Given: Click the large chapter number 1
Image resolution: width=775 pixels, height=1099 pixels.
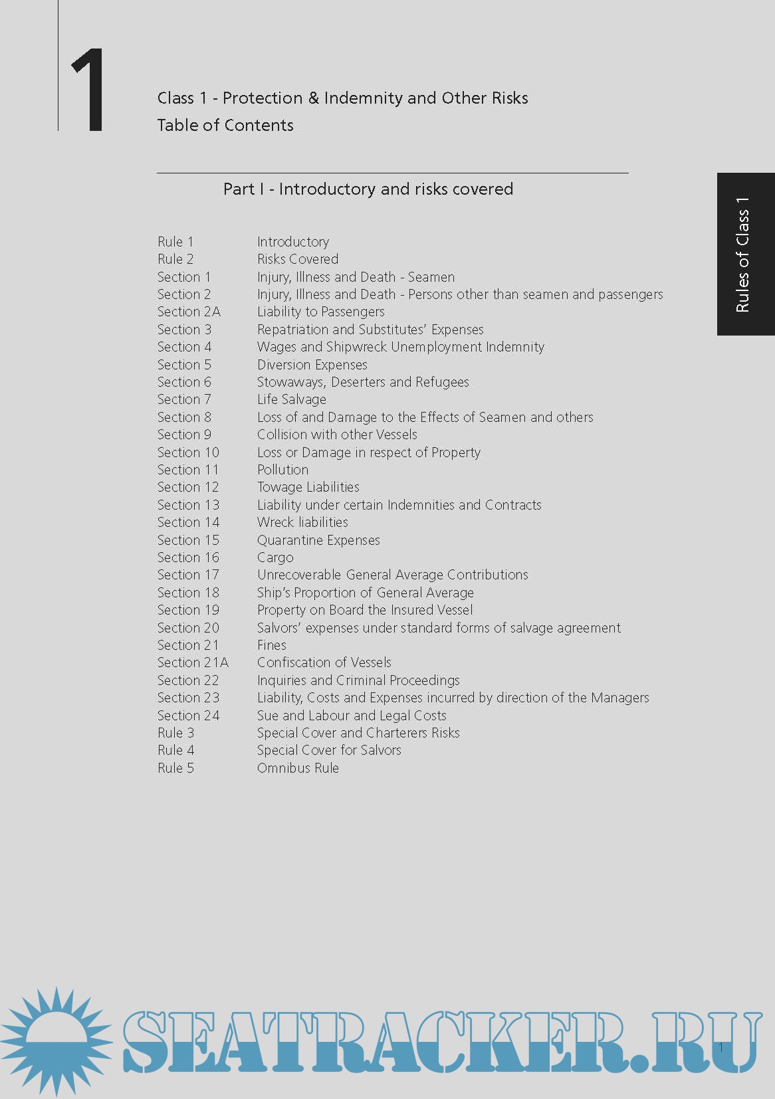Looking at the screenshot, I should (88, 90).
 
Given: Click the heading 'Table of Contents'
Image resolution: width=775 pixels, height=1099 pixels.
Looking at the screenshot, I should (225, 125).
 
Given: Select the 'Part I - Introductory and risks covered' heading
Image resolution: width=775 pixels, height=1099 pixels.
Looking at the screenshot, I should (368, 189).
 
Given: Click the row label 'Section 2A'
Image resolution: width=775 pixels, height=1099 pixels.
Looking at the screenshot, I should (189, 312).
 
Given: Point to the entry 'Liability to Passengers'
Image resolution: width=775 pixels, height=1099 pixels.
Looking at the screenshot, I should (320, 312).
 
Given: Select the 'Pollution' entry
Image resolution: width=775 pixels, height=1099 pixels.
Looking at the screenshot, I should (282, 470).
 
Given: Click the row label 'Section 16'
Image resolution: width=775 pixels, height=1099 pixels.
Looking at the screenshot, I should (188, 557).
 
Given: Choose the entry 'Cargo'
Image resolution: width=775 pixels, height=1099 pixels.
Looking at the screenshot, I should (275, 557).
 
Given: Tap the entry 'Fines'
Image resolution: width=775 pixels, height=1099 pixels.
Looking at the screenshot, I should (271, 645).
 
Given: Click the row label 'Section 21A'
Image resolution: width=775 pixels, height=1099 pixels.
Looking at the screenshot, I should (193, 662).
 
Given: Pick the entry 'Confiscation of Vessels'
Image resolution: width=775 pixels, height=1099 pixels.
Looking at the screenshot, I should (324, 662).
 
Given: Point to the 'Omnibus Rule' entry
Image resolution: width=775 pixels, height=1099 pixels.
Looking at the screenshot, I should (298, 768).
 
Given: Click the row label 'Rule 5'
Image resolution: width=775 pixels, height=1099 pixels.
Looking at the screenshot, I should (175, 768).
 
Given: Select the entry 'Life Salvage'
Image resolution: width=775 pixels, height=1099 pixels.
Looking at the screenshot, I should (291, 399).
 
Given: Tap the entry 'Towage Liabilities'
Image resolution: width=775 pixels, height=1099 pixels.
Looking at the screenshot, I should (308, 487).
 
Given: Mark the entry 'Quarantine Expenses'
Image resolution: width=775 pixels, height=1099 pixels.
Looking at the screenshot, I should (318, 540).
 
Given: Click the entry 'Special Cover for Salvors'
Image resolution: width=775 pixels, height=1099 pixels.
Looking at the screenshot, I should (329, 750).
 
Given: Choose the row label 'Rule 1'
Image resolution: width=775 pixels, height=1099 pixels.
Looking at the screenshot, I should (175, 242).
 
